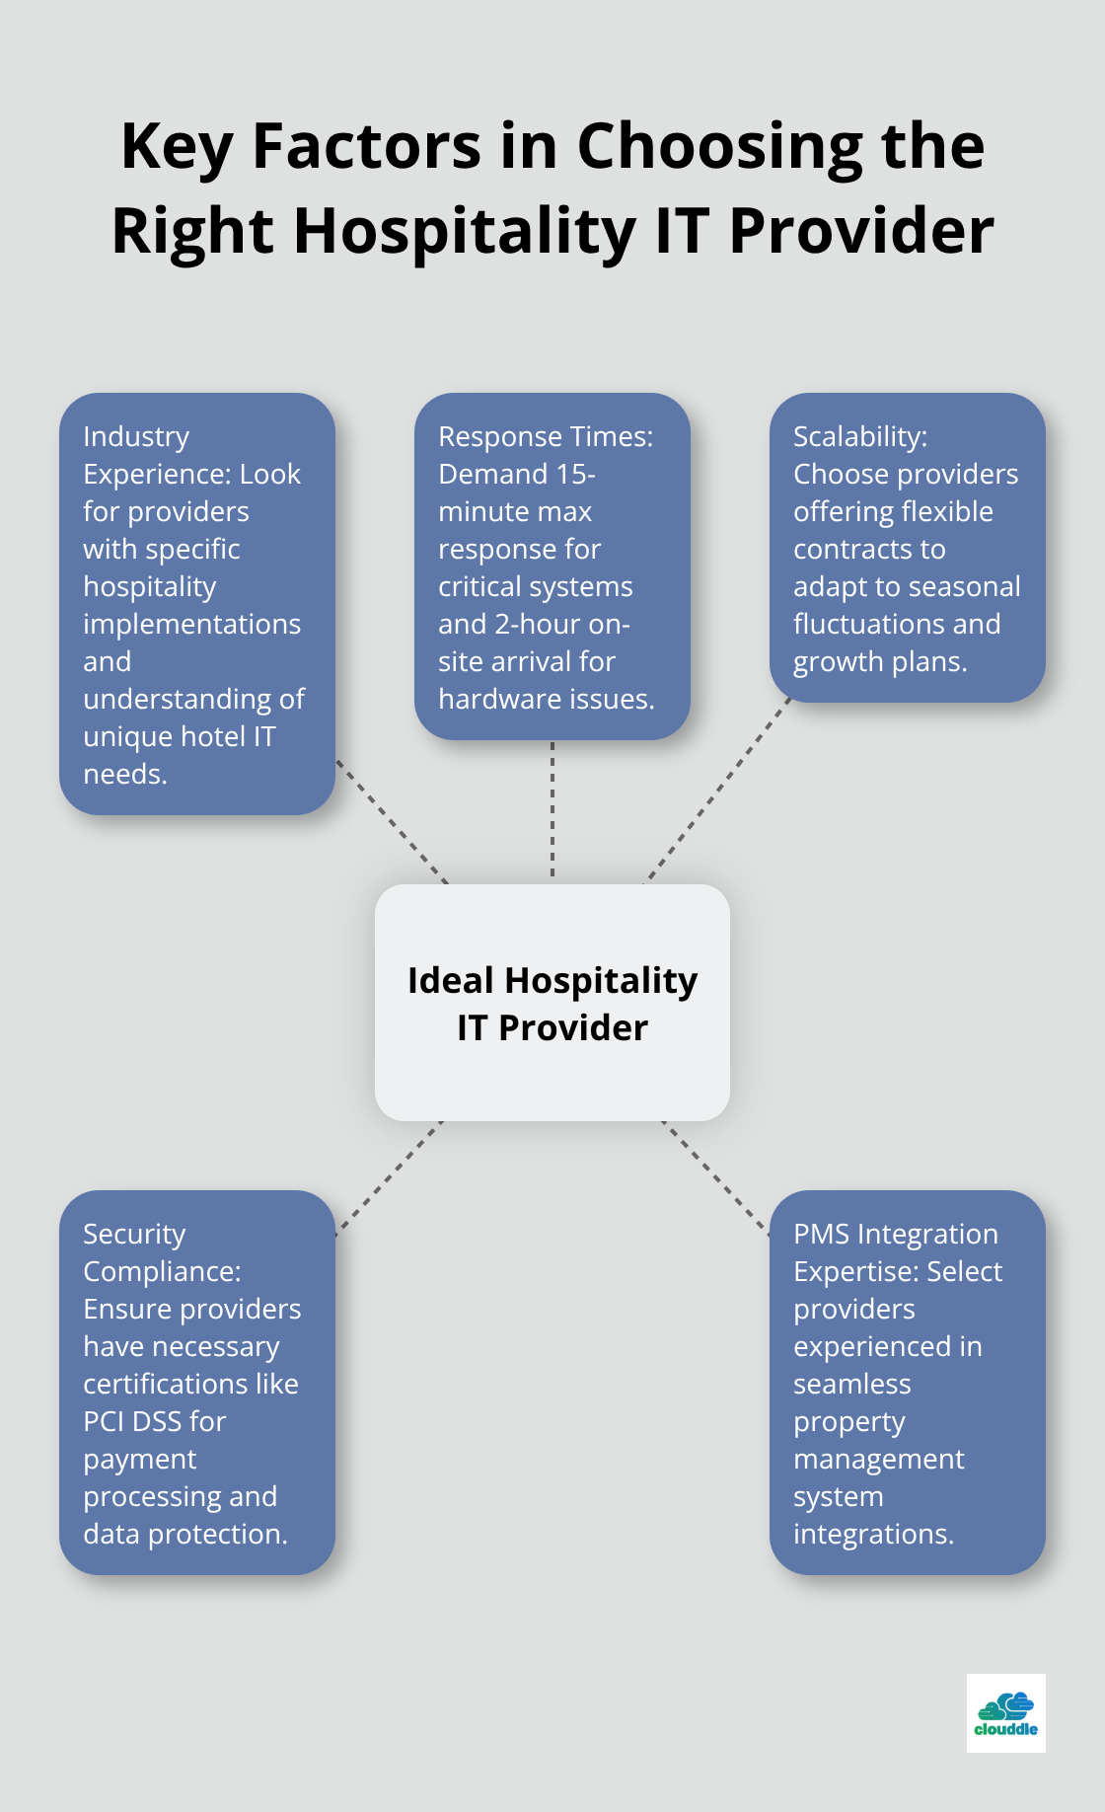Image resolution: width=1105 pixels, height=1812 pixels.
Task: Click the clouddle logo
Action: click(x=1005, y=1712)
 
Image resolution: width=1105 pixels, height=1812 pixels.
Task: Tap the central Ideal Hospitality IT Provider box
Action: click(x=552, y=1003)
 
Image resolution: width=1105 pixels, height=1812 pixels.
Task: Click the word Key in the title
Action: click(x=178, y=148)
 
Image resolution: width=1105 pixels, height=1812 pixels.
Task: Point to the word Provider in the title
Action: click(x=860, y=232)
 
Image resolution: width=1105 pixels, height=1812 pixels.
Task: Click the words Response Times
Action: click(x=545, y=437)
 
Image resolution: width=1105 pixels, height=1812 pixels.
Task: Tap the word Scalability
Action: click(x=859, y=437)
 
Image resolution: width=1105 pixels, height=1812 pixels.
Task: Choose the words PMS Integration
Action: click(x=895, y=1235)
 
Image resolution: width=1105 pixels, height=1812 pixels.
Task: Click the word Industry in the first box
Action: click(x=136, y=437)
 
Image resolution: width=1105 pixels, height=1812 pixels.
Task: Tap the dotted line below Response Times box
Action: click(x=552, y=809)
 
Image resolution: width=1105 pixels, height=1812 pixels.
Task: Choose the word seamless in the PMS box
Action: click(x=851, y=1385)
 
